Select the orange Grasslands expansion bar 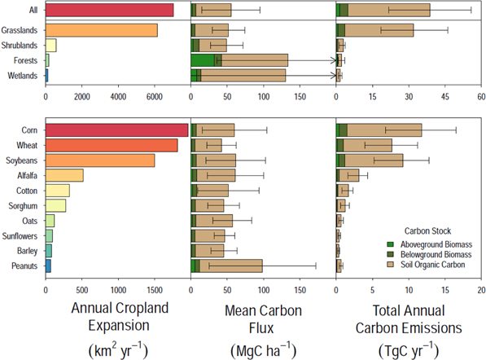pyautogui.click(x=101, y=30)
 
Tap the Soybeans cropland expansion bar pyautogui.click(x=99, y=160)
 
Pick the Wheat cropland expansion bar pyautogui.click(x=111, y=145)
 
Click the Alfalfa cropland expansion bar pyautogui.click(x=64, y=175)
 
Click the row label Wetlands pyautogui.click(x=24, y=76)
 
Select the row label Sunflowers pyautogui.click(x=22, y=235)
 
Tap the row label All pyautogui.click(x=33, y=10)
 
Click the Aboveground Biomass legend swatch pyautogui.click(x=394, y=244)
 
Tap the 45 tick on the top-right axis pyautogui.click(x=444, y=94)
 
